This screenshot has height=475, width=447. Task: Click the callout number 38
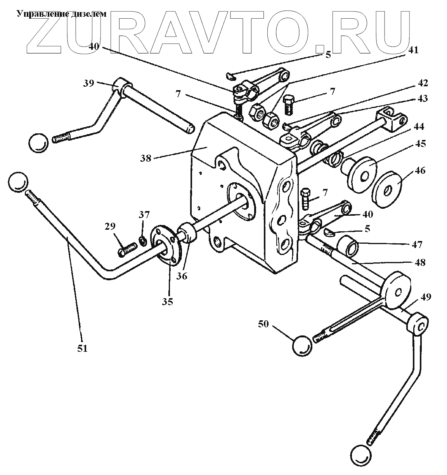pyautogui.click(x=146, y=158)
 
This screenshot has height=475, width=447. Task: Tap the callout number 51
pyautogui.click(x=82, y=348)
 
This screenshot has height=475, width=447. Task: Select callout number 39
pyautogui.click(x=89, y=83)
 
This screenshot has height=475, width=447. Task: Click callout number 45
pyautogui.click(x=420, y=143)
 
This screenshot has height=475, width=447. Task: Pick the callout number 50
pyautogui.click(x=263, y=324)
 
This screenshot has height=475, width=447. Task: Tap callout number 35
pyautogui.click(x=168, y=301)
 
